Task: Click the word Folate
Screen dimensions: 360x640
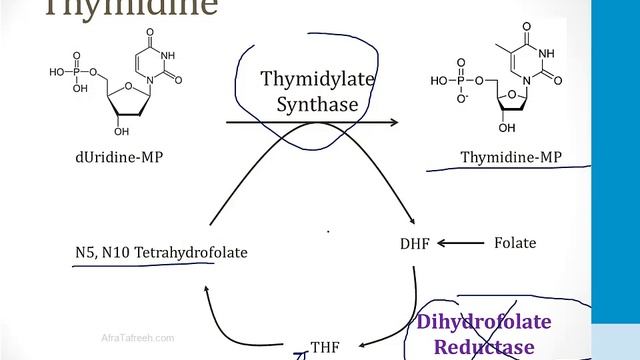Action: tap(515, 243)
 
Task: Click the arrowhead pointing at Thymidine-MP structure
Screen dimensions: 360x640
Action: tap(392, 122)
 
